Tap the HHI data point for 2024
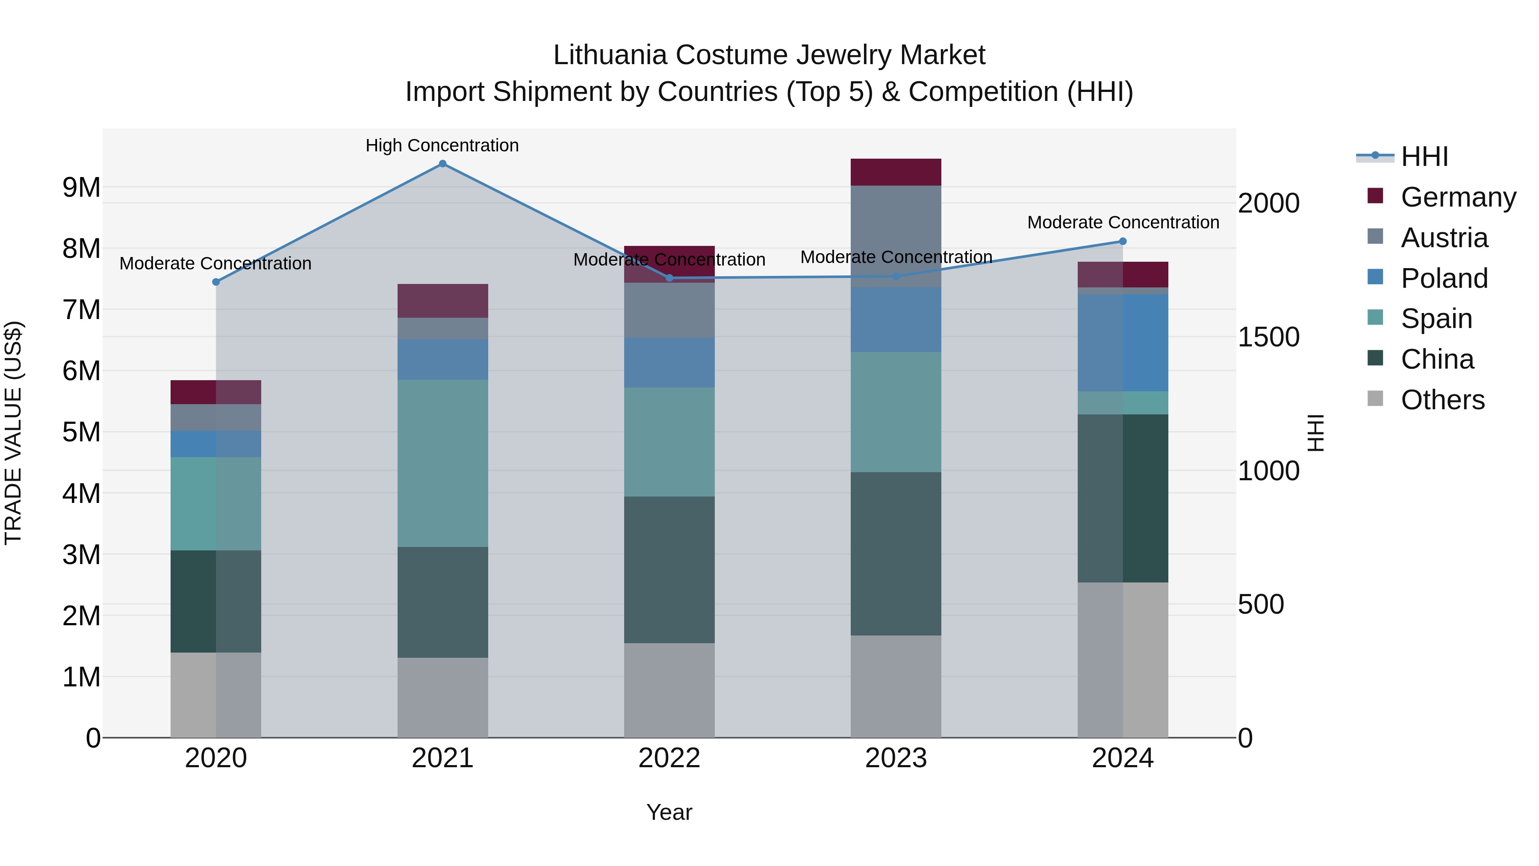click(x=1123, y=242)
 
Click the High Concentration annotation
click(x=442, y=145)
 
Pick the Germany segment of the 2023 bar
click(x=896, y=172)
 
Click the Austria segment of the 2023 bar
click(x=896, y=236)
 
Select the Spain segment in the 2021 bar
click(x=443, y=463)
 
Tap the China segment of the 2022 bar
click(x=669, y=570)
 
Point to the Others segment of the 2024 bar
click(x=1123, y=660)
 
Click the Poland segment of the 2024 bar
click(x=1123, y=343)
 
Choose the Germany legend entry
click(x=1458, y=197)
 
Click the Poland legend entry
click(x=1444, y=278)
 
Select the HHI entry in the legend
click(x=1424, y=157)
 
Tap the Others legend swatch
click(x=1375, y=399)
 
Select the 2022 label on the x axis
click(x=669, y=758)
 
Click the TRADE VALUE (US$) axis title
click(x=13, y=433)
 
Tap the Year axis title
click(x=669, y=812)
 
